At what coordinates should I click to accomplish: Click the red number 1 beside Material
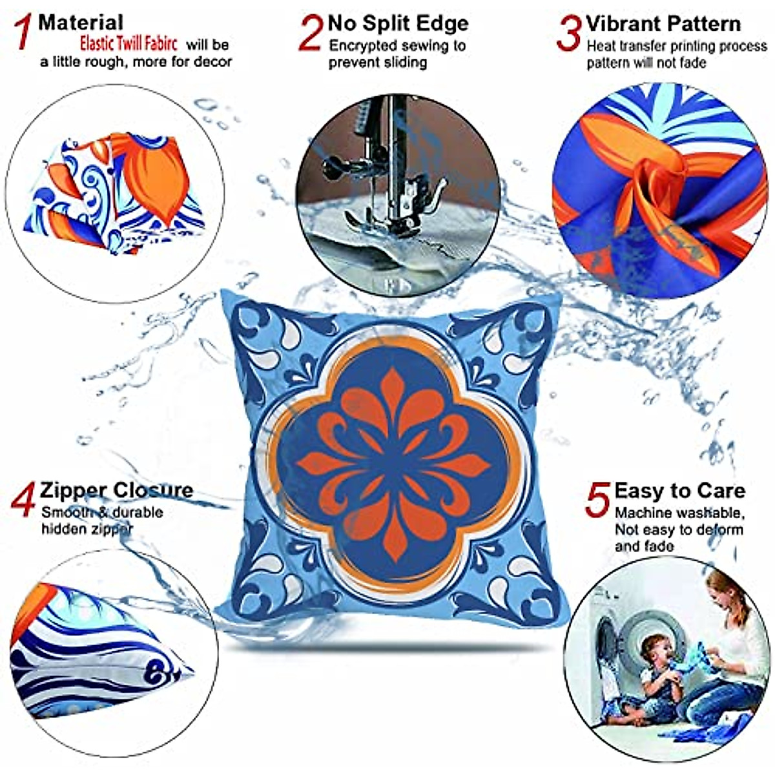tap(23, 32)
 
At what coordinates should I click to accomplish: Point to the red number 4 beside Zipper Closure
tap(23, 500)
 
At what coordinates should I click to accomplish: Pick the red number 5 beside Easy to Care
tap(598, 500)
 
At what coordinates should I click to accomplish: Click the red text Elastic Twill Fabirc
tap(129, 43)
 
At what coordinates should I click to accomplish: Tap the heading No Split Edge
tap(398, 23)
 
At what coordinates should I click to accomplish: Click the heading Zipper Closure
tap(116, 490)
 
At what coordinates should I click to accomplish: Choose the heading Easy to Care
tap(679, 491)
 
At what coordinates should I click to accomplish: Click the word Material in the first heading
tap(81, 23)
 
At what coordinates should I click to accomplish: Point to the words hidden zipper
tap(87, 529)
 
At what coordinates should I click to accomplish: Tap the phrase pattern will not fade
tap(646, 63)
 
